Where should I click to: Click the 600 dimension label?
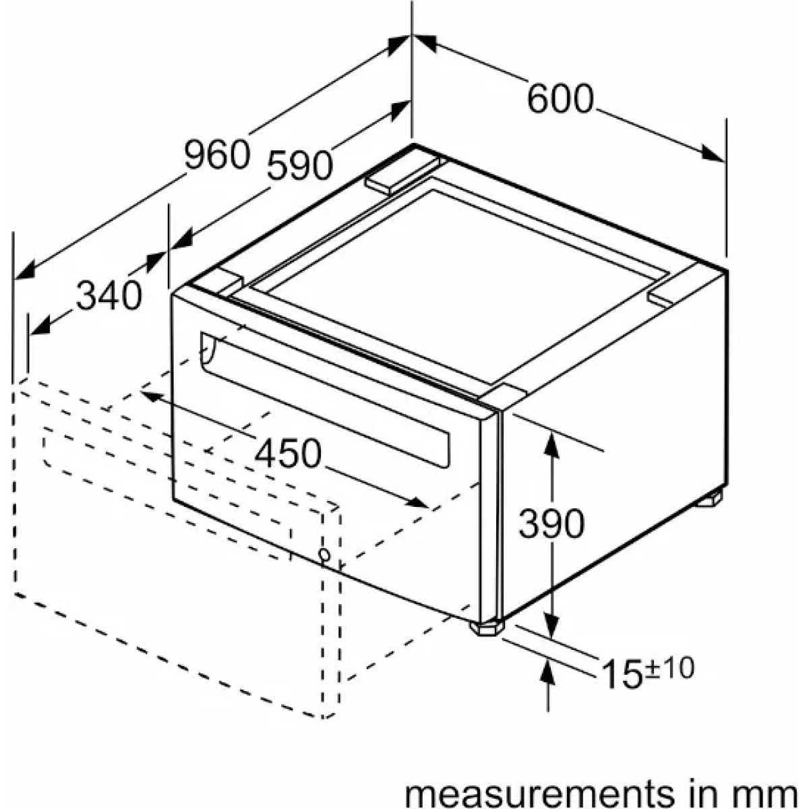(x=560, y=99)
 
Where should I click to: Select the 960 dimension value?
(x=217, y=154)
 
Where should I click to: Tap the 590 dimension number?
(x=300, y=165)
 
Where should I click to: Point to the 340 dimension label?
(x=109, y=295)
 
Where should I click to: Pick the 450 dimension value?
(x=288, y=454)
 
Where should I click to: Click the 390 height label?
(x=551, y=524)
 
